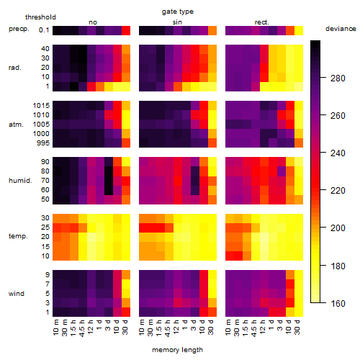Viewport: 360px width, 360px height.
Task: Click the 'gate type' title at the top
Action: tap(178, 12)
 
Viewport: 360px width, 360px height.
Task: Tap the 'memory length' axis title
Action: tap(177, 350)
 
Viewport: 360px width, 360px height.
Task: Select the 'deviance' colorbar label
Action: tap(341, 29)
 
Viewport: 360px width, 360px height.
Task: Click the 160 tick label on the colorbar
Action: tap(338, 303)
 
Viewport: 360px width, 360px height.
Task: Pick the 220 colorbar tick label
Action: tap(338, 191)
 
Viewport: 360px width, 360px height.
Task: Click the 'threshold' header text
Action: tap(40, 17)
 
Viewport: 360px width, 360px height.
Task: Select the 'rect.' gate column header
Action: tap(262, 22)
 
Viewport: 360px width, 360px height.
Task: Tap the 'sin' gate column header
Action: tap(177, 22)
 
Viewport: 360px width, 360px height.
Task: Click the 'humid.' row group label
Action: tap(20, 181)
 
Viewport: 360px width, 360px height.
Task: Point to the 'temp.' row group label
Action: tap(18, 236)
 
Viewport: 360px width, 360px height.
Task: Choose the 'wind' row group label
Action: tap(17, 294)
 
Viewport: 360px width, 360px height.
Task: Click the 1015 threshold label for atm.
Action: tap(41, 106)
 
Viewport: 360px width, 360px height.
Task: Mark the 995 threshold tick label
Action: tap(43, 143)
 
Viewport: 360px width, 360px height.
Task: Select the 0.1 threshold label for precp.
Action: tap(44, 30)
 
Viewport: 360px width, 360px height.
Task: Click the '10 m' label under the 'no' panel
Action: tap(55, 328)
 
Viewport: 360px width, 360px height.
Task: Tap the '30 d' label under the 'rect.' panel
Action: tap(297, 328)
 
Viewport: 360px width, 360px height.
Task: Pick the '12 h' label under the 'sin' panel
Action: tap(176, 327)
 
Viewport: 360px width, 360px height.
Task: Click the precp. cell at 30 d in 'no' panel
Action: tap(126, 30)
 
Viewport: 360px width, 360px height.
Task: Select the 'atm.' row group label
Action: tap(16, 125)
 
